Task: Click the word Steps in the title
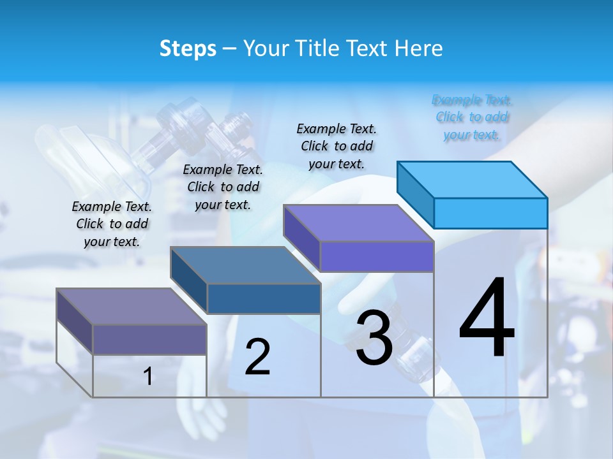click(x=188, y=48)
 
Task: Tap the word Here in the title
click(x=418, y=48)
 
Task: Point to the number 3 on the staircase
click(x=374, y=338)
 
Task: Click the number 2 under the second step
click(x=257, y=357)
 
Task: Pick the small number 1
click(x=148, y=377)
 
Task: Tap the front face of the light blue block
click(x=490, y=213)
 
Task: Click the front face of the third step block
click(x=377, y=256)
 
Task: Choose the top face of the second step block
click(x=245, y=265)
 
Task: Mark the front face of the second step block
click(x=264, y=298)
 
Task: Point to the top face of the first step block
click(x=132, y=307)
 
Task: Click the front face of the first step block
click(x=149, y=339)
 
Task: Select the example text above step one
click(x=112, y=224)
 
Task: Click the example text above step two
click(x=223, y=187)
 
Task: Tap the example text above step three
click(x=337, y=146)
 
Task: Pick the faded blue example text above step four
click(x=472, y=117)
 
